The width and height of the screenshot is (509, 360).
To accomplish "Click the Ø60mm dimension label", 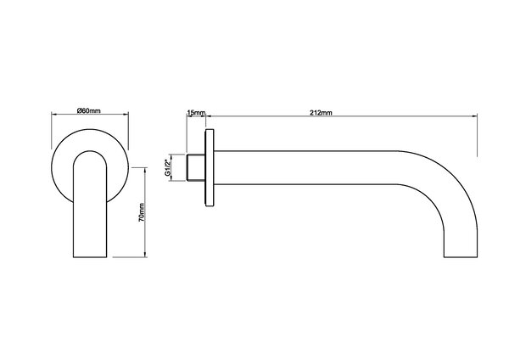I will (89, 111).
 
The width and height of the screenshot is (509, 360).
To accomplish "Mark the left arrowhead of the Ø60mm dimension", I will (53, 118).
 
